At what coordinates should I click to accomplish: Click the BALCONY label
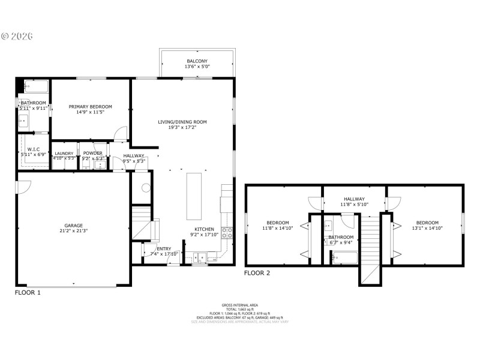tap(197, 61)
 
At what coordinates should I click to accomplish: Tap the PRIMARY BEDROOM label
tap(90, 106)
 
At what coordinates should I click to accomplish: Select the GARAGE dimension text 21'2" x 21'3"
tap(74, 231)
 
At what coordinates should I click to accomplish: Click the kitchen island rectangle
tap(194, 196)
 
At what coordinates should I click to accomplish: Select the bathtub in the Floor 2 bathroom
tap(344, 259)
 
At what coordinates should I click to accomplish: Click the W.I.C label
tap(33, 149)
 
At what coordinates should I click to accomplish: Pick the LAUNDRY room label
tap(64, 154)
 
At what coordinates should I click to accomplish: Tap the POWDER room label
tap(92, 154)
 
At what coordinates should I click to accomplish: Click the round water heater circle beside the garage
tap(145, 187)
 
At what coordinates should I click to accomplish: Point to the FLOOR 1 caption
tap(28, 293)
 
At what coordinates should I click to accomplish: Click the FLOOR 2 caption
tap(257, 273)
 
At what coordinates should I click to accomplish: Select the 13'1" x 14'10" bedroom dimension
tap(427, 228)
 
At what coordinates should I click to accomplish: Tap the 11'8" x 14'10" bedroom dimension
tap(277, 228)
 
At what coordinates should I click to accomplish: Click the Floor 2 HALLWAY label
tap(354, 199)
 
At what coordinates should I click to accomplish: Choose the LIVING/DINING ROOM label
tap(182, 122)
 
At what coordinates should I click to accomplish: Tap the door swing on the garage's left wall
tap(22, 187)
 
